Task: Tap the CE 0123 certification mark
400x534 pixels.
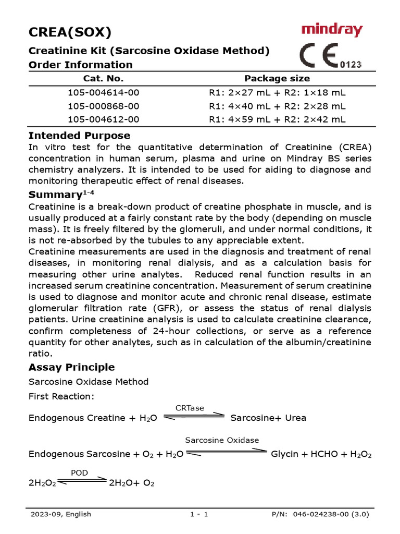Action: tap(330, 56)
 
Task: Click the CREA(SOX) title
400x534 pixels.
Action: tap(69, 32)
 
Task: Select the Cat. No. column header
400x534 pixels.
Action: tap(104, 79)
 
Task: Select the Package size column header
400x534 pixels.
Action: tap(277, 79)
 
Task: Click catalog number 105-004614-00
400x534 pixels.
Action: tap(104, 93)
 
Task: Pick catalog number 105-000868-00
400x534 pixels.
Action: tap(104, 106)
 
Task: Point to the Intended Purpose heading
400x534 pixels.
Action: tap(79, 136)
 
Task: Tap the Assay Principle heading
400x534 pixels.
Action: tap(71, 367)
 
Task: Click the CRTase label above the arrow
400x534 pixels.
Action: tap(190, 408)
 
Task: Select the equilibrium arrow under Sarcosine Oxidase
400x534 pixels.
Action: tap(226, 453)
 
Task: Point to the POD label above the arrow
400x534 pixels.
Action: tap(79, 473)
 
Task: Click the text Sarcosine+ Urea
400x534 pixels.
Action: tap(268, 418)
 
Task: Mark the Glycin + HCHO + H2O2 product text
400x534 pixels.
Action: tap(321, 454)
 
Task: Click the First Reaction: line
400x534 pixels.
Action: tap(61, 396)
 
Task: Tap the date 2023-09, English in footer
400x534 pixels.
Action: tap(60, 514)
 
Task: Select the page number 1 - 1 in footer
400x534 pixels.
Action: tap(199, 514)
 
